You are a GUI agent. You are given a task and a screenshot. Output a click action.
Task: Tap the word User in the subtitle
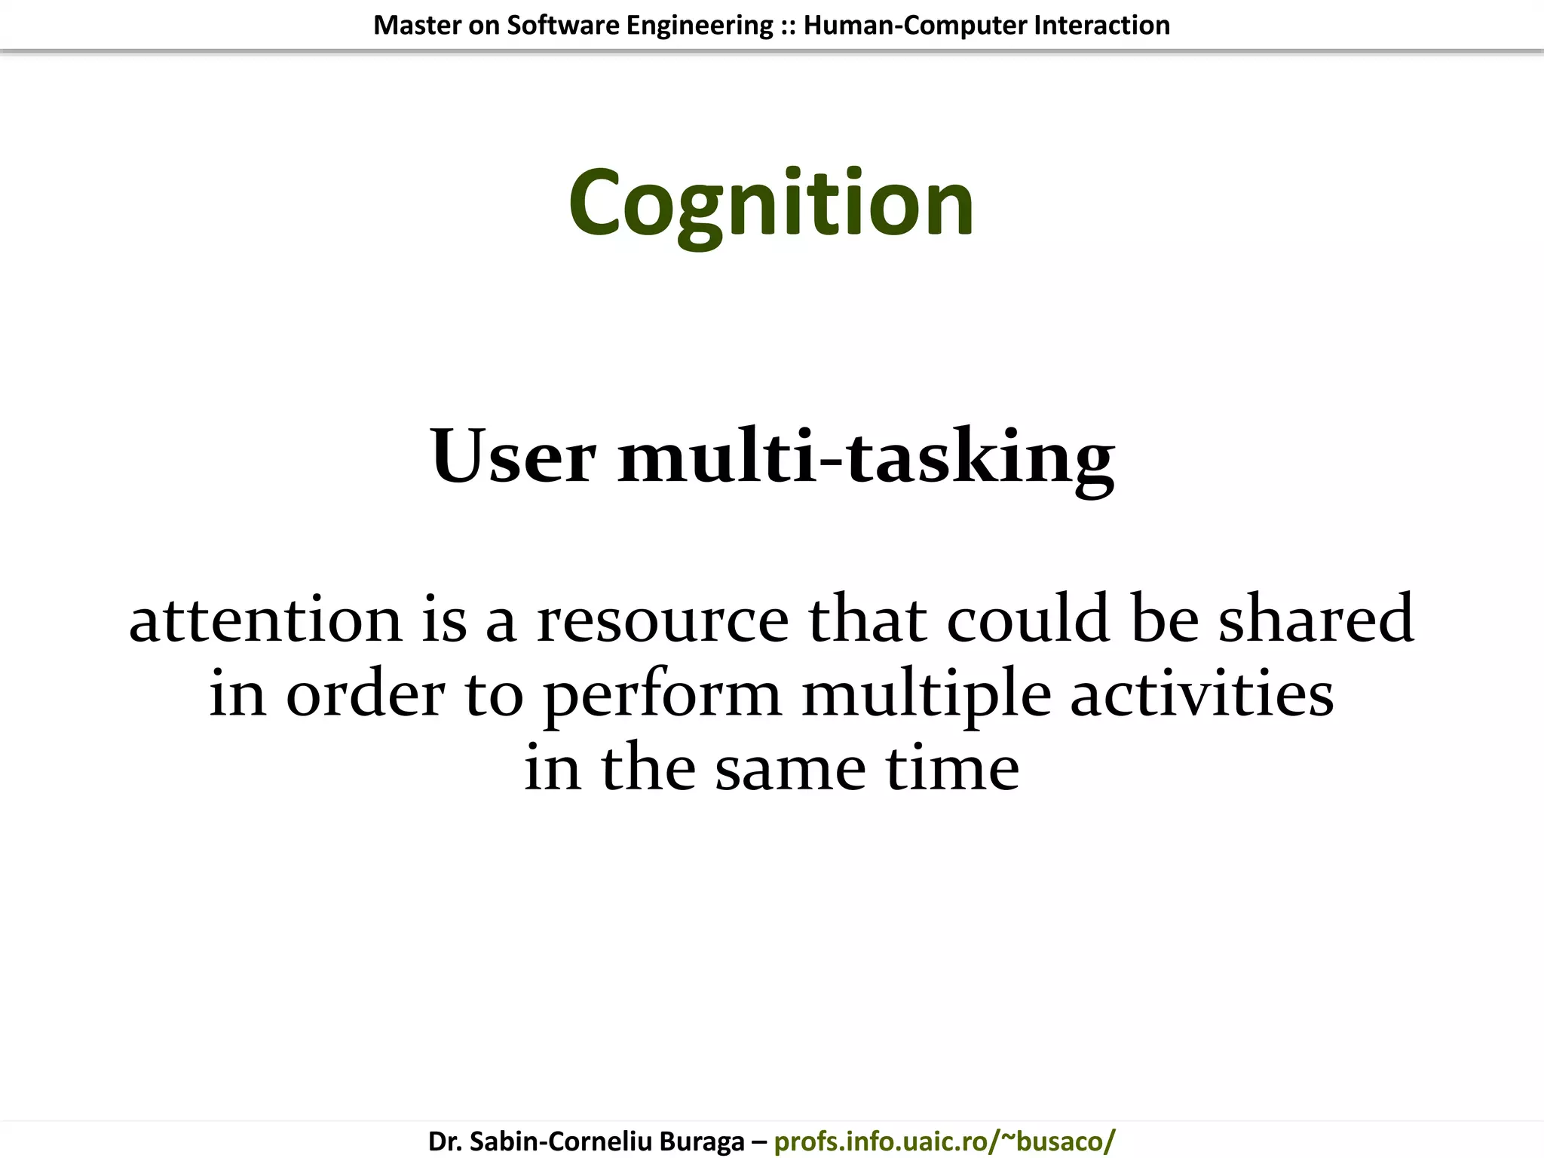pos(513,457)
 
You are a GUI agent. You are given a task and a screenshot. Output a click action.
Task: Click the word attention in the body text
pos(265,620)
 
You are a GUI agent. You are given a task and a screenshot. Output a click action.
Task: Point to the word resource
pos(663,620)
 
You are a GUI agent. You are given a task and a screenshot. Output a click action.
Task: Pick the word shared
pos(1316,620)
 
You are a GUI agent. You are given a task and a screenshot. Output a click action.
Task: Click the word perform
pos(663,695)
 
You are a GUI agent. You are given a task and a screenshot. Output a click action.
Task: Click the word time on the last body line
pos(952,769)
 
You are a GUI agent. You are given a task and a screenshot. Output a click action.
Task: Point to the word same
pos(790,769)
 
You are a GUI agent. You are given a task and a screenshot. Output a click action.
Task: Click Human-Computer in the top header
pos(915,26)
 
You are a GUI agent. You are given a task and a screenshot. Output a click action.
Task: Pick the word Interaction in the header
pos(1101,26)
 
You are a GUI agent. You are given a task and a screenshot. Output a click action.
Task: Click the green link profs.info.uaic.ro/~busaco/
pos(944,1141)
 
